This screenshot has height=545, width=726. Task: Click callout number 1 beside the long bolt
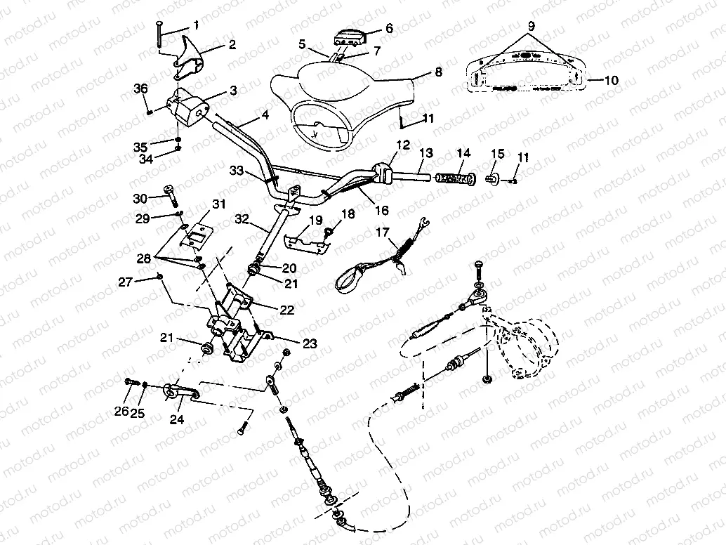pos(195,25)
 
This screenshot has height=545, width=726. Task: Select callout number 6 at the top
pos(390,29)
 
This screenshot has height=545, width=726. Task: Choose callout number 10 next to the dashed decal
pos(611,81)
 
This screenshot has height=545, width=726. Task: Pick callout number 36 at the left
pos(141,88)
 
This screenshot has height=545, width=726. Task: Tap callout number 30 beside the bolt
pos(140,199)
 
